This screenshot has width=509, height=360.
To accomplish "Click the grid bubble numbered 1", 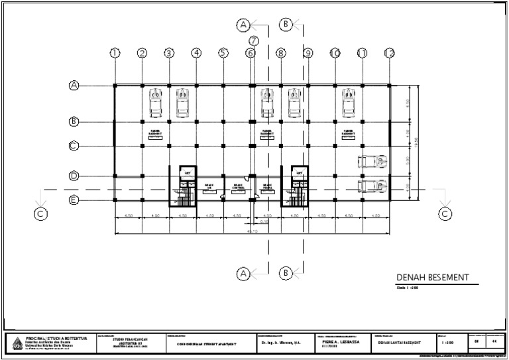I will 115,53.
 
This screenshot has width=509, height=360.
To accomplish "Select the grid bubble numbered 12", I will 390,53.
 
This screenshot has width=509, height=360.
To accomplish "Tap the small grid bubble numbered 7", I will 254,40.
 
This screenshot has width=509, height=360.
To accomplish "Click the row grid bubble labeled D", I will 74,176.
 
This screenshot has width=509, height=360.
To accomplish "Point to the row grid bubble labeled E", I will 74,200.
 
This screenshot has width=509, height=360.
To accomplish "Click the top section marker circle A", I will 243,25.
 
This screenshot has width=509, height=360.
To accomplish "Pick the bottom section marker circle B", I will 286,272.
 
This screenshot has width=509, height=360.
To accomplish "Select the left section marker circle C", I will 41,213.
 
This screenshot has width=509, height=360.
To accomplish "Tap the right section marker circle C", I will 445,213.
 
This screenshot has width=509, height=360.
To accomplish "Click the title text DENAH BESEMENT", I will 432,278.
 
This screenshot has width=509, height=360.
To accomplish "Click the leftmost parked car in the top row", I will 155,103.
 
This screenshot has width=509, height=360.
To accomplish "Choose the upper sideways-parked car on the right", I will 371,161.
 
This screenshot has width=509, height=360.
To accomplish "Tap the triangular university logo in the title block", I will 17,342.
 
